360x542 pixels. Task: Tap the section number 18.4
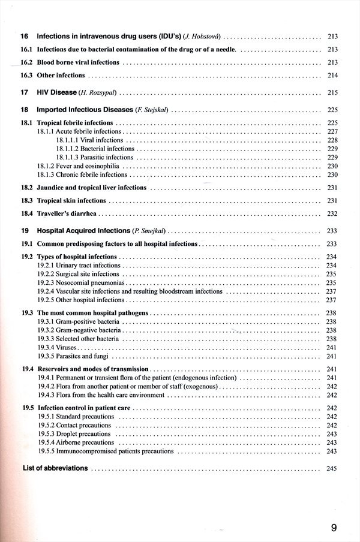click(26, 213)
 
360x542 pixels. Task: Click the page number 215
click(332, 92)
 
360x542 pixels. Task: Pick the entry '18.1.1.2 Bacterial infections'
click(95, 149)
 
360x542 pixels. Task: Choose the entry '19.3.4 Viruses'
click(58, 348)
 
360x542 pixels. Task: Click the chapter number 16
click(24, 37)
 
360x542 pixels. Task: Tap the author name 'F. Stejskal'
click(152, 110)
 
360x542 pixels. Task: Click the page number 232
click(332, 213)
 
